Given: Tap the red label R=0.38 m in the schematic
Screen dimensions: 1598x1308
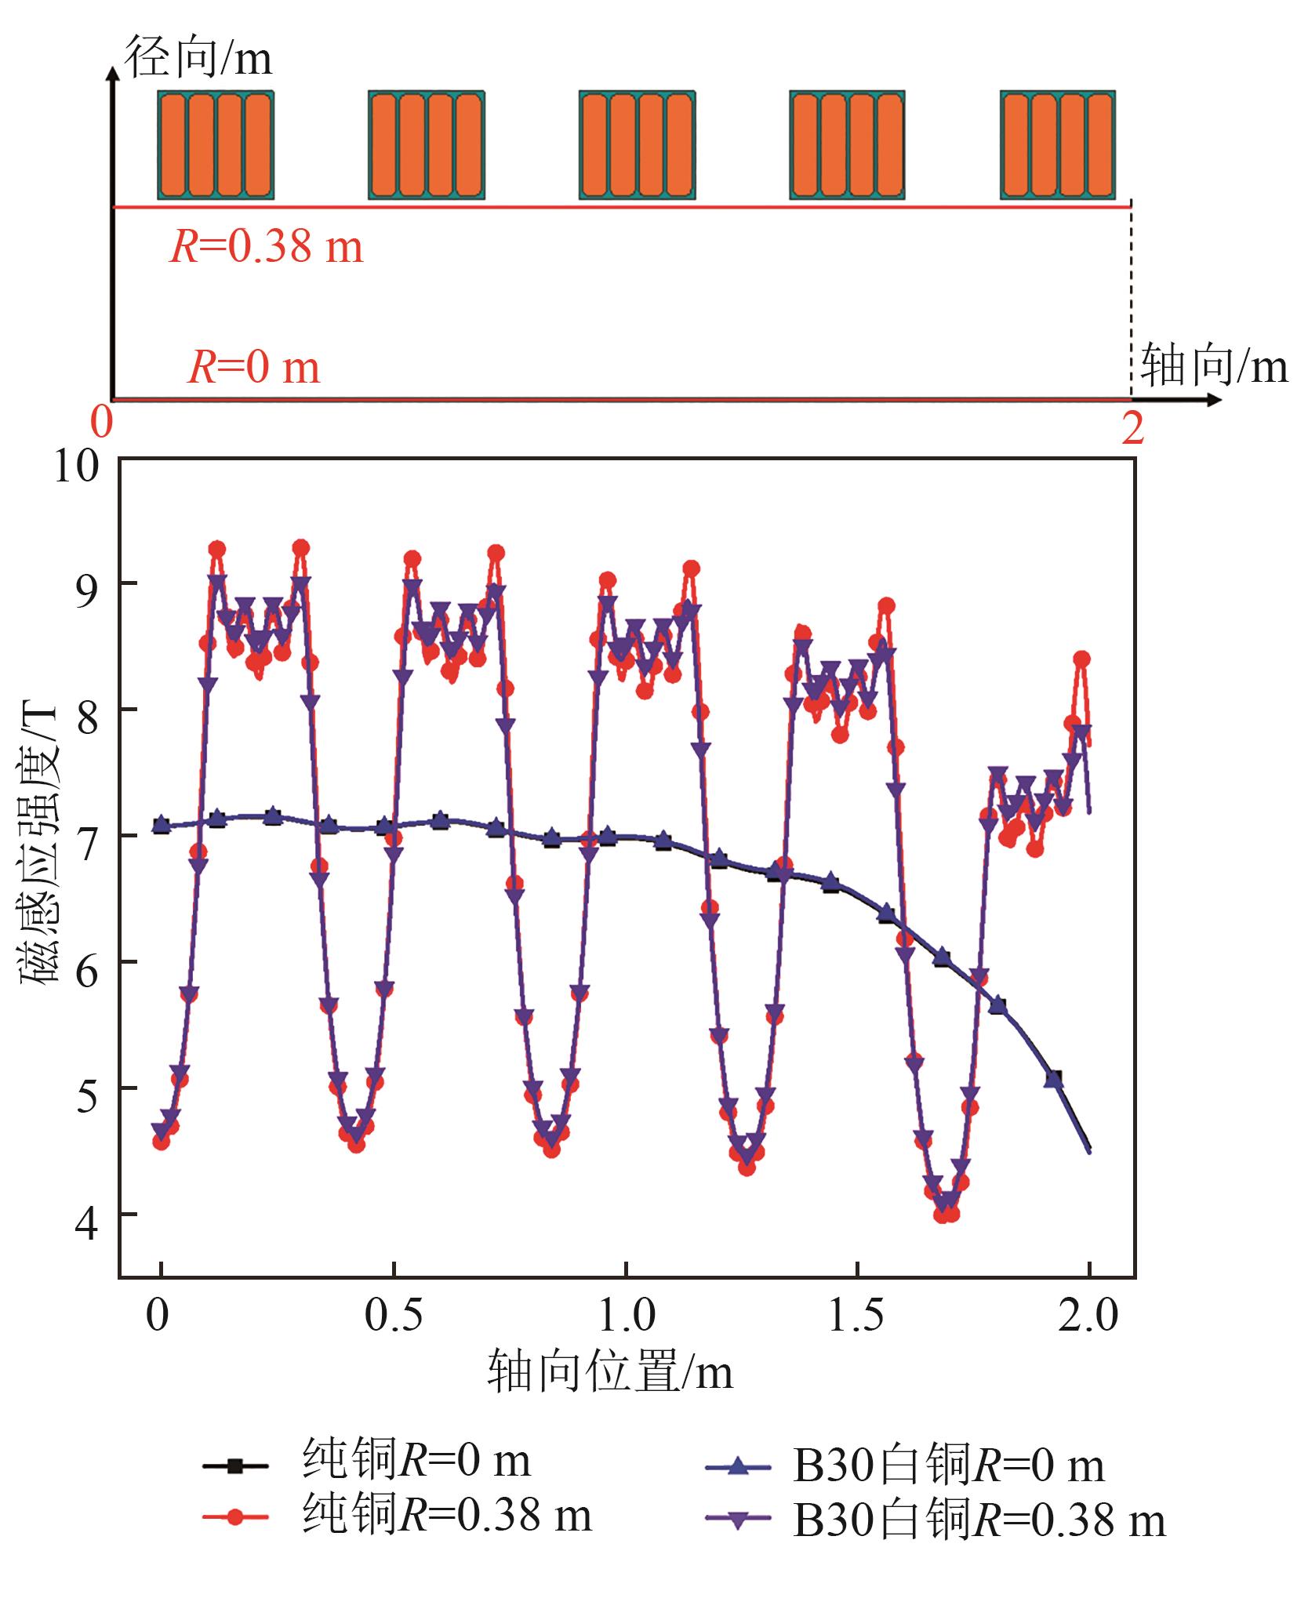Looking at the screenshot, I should [x=267, y=247].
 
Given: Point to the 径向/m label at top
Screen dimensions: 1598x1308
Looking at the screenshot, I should [x=199, y=59].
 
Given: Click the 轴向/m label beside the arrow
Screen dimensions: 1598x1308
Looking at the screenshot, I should [x=1214, y=365].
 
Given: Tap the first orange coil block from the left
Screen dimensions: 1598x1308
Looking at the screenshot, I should [x=216, y=145].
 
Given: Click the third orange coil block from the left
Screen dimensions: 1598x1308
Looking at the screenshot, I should [x=637, y=145].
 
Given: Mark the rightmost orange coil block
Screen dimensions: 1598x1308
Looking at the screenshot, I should [x=1058, y=145].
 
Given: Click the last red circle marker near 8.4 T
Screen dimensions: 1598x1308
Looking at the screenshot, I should [x=1082, y=659].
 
